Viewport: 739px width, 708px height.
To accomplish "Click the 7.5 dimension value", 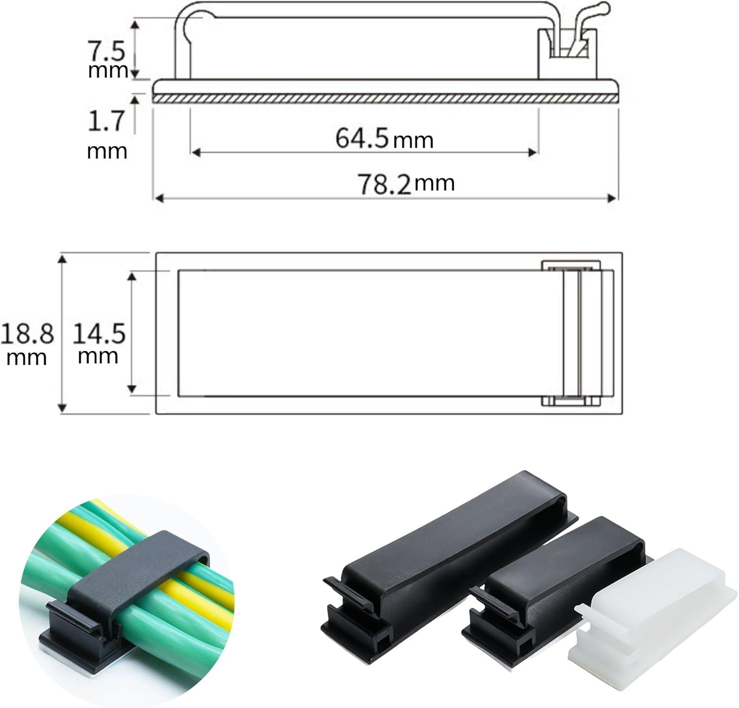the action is (x=106, y=51).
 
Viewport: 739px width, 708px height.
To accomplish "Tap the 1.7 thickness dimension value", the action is (x=106, y=121).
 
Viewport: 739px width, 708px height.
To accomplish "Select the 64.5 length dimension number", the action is (x=363, y=138).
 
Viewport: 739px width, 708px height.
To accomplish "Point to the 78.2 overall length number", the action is (x=384, y=184).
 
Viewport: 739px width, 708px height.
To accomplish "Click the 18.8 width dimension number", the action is (x=27, y=335).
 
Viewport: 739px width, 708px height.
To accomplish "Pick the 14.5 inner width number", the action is (x=99, y=335).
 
